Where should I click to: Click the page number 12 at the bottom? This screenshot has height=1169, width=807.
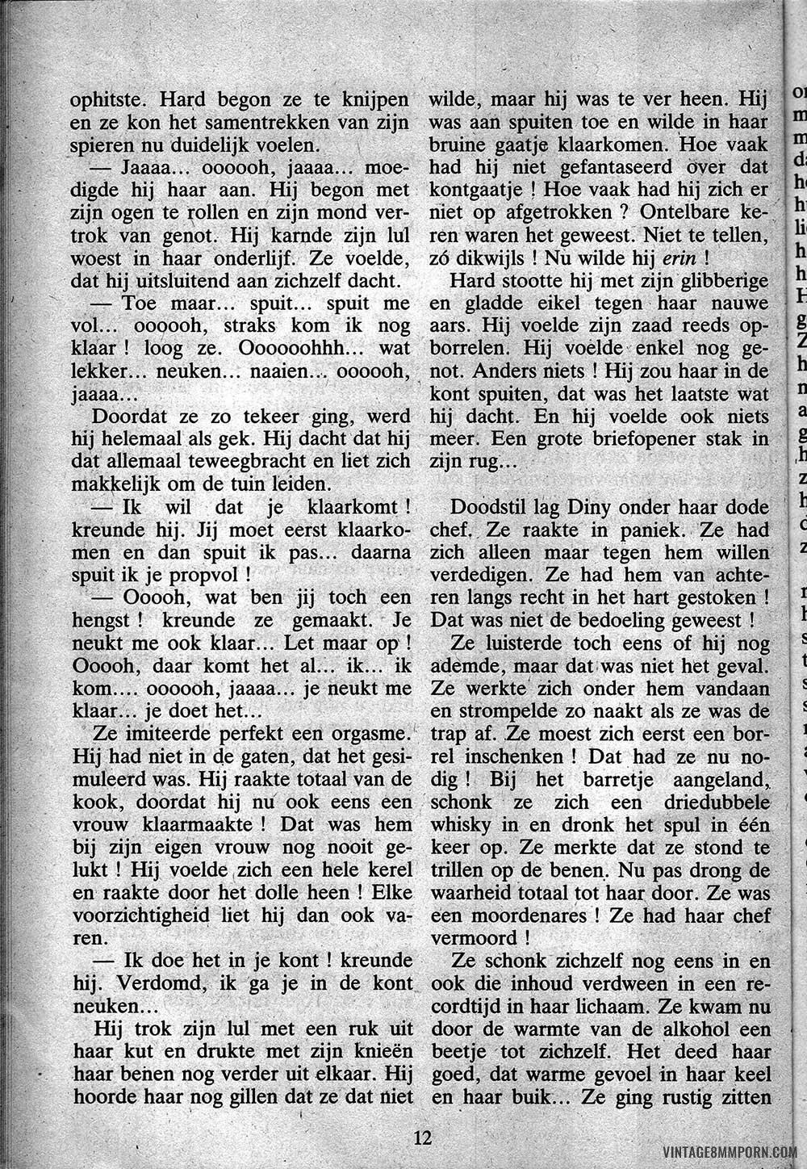(423, 1138)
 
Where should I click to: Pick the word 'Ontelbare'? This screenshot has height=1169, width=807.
(683, 214)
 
